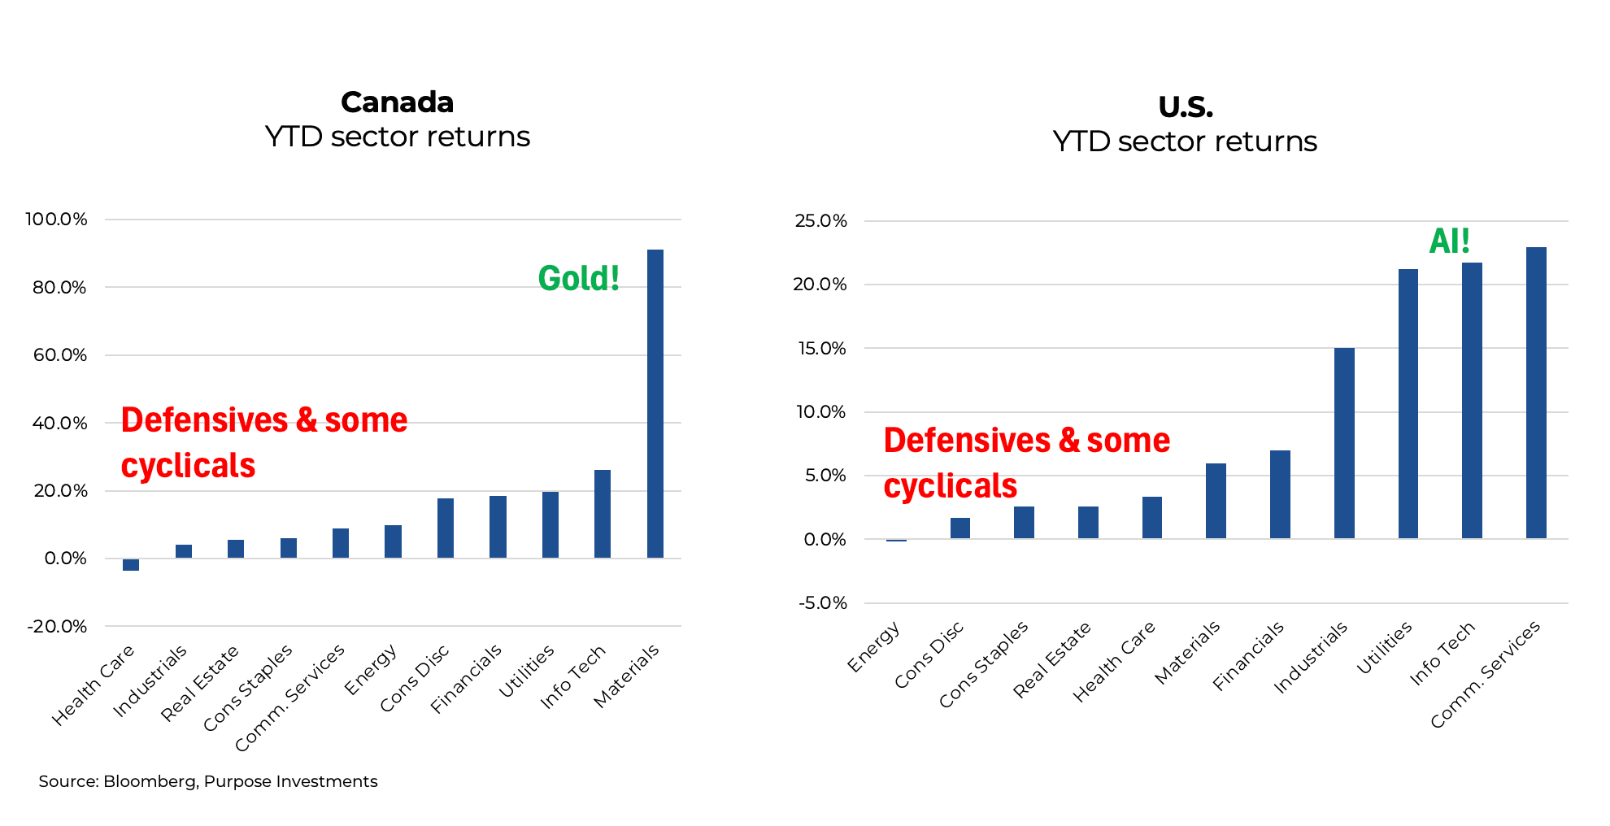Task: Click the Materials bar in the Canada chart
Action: pos(655,404)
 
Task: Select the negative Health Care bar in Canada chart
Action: pos(131,564)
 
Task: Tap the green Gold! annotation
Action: pos(579,279)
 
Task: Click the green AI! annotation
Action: pos(1449,241)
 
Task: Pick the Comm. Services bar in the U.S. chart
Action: pos(1536,393)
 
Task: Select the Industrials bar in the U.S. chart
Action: pos(1344,443)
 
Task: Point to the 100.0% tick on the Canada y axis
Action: pos(56,220)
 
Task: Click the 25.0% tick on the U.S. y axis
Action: pos(820,221)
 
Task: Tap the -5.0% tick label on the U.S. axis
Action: pos(822,603)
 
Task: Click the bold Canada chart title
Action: pos(397,102)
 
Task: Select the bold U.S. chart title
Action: pos(1185,107)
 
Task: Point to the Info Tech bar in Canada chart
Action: pos(603,514)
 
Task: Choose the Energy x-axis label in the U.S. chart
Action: pos(873,647)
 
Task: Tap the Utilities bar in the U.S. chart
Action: pos(1408,403)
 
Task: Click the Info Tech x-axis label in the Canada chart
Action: pos(573,676)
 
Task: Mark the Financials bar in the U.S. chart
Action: pos(1280,494)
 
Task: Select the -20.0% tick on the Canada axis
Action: pos(57,627)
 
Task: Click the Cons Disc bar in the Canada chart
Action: pos(446,528)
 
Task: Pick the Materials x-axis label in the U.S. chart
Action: pos(1187,652)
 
